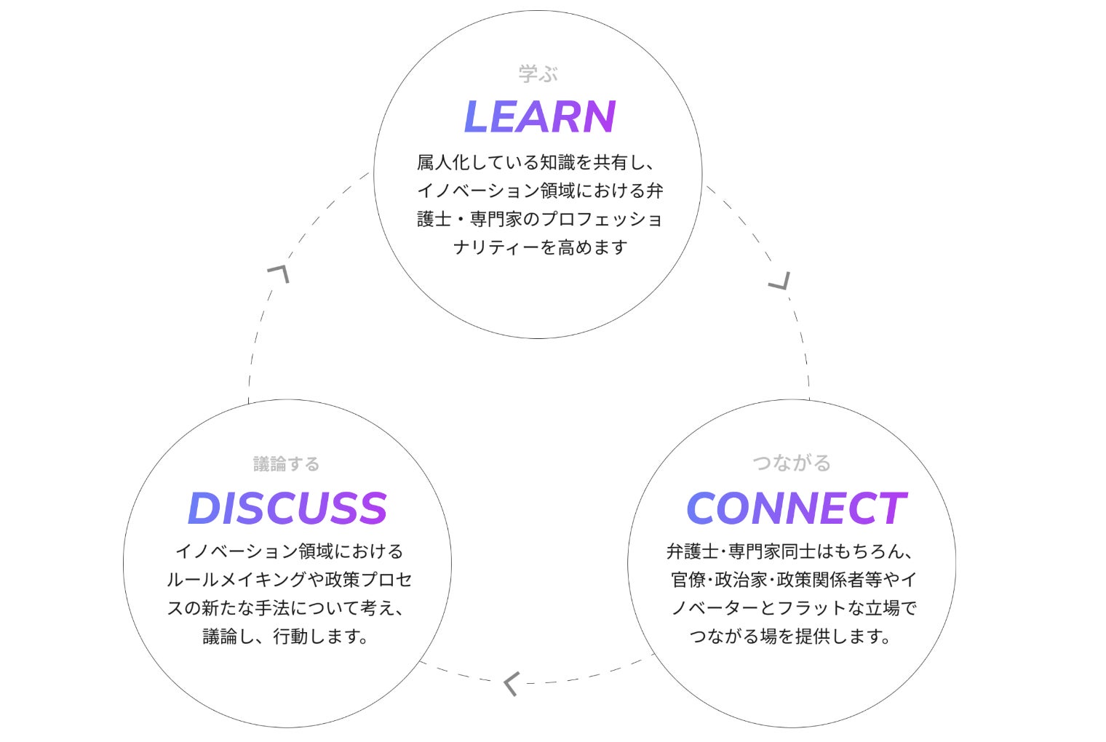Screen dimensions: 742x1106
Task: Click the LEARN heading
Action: [539, 117]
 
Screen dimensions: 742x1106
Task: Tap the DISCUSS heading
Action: [287, 508]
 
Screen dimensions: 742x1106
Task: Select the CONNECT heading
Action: [795, 508]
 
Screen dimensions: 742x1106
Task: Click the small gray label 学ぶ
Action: [538, 73]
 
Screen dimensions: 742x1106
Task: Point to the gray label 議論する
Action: [287, 464]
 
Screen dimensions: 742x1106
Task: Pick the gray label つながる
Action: [792, 463]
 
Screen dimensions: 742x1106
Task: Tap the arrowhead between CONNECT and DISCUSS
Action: [511, 683]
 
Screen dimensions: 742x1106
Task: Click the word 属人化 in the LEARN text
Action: [442, 161]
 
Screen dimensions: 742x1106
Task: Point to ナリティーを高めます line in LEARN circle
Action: [539, 247]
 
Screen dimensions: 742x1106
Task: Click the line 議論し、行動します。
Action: [287, 637]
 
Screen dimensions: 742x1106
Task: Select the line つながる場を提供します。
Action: [792, 637]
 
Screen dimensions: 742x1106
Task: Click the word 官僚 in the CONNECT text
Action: [688, 580]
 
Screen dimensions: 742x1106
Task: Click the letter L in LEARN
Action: [477, 117]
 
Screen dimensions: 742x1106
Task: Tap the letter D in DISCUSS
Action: [204, 508]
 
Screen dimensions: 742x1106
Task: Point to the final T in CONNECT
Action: [891, 508]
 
